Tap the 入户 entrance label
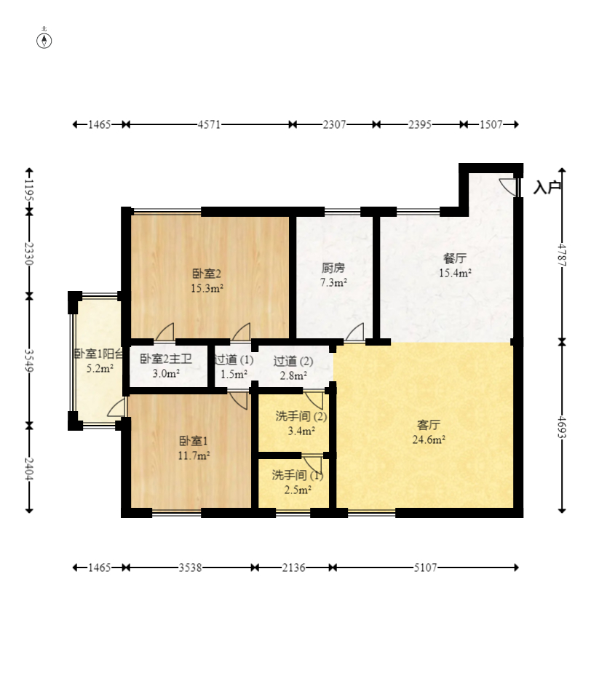[x=547, y=188]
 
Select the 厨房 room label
[x=333, y=268]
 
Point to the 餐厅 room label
[x=455, y=258]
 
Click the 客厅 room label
[x=429, y=425]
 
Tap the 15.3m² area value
[x=207, y=288]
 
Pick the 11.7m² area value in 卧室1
[x=194, y=455]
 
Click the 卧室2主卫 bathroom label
[x=166, y=359]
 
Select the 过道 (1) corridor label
[x=234, y=359]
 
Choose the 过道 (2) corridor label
[x=293, y=361]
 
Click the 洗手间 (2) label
[x=301, y=416]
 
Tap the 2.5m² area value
[x=298, y=490]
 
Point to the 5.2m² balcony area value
[x=100, y=368]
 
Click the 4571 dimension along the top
[x=209, y=124]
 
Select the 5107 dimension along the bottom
[x=425, y=567]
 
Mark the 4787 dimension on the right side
[x=562, y=255]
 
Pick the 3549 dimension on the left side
[x=29, y=360]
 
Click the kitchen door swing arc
[x=354, y=332]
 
